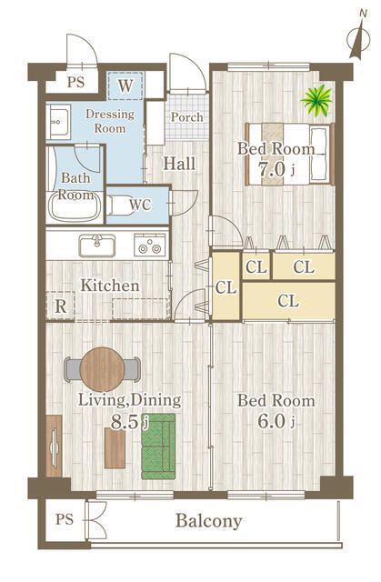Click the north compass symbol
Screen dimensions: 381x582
coord(358,37)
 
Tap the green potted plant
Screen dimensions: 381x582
coord(316,99)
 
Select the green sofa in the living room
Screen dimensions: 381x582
coord(158,447)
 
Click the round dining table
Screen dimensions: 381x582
coord(102,369)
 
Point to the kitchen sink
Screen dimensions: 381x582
coord(96,246)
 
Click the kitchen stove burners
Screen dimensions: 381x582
coord(149,245)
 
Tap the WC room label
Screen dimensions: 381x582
coord(140,205)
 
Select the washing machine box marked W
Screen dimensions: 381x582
coord(125,85)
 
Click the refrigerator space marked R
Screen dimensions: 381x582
coord(61,306)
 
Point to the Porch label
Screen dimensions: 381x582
coord(187,117)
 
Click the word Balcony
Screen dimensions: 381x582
coord(209,521)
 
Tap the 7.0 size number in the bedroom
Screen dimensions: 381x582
coord(272,170)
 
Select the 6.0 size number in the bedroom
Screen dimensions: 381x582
coord(272,422)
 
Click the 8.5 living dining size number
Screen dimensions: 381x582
coord(125,422)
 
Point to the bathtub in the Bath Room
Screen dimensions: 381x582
coord(75,206)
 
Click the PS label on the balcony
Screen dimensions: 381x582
coord(65,519)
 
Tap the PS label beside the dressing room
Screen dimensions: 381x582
coord(76,82)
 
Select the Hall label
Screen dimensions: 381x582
coord(179,164)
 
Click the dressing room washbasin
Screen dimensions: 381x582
coord(58,121)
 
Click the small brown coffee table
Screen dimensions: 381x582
coord(115,448)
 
